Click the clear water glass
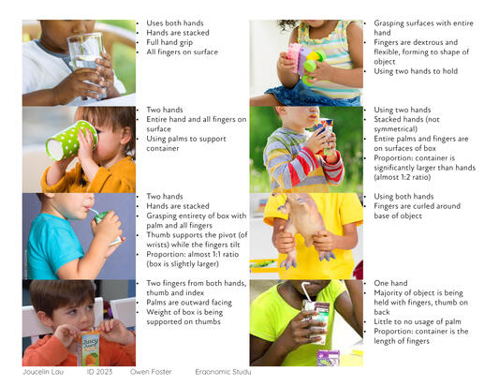point(86,64)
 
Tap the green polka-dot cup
point(71,141)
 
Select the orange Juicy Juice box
point(90,349)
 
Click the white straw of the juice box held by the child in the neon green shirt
point(307,291)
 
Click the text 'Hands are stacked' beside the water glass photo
point(178,33)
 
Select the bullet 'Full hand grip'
point(169,43)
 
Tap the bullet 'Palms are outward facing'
point(189,303)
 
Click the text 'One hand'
point(390,283)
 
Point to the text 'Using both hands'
point(404,197)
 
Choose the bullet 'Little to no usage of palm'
point(418,321)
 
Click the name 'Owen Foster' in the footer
point(151,372)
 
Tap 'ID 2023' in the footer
point(99,372)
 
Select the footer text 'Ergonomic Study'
point(223,372)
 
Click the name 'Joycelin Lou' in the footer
point(43,372)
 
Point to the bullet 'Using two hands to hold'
point(416,71)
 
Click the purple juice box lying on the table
point(328,357)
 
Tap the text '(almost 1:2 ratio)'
point(403,177)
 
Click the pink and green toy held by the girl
point(305,62)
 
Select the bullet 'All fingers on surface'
point(182,52)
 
